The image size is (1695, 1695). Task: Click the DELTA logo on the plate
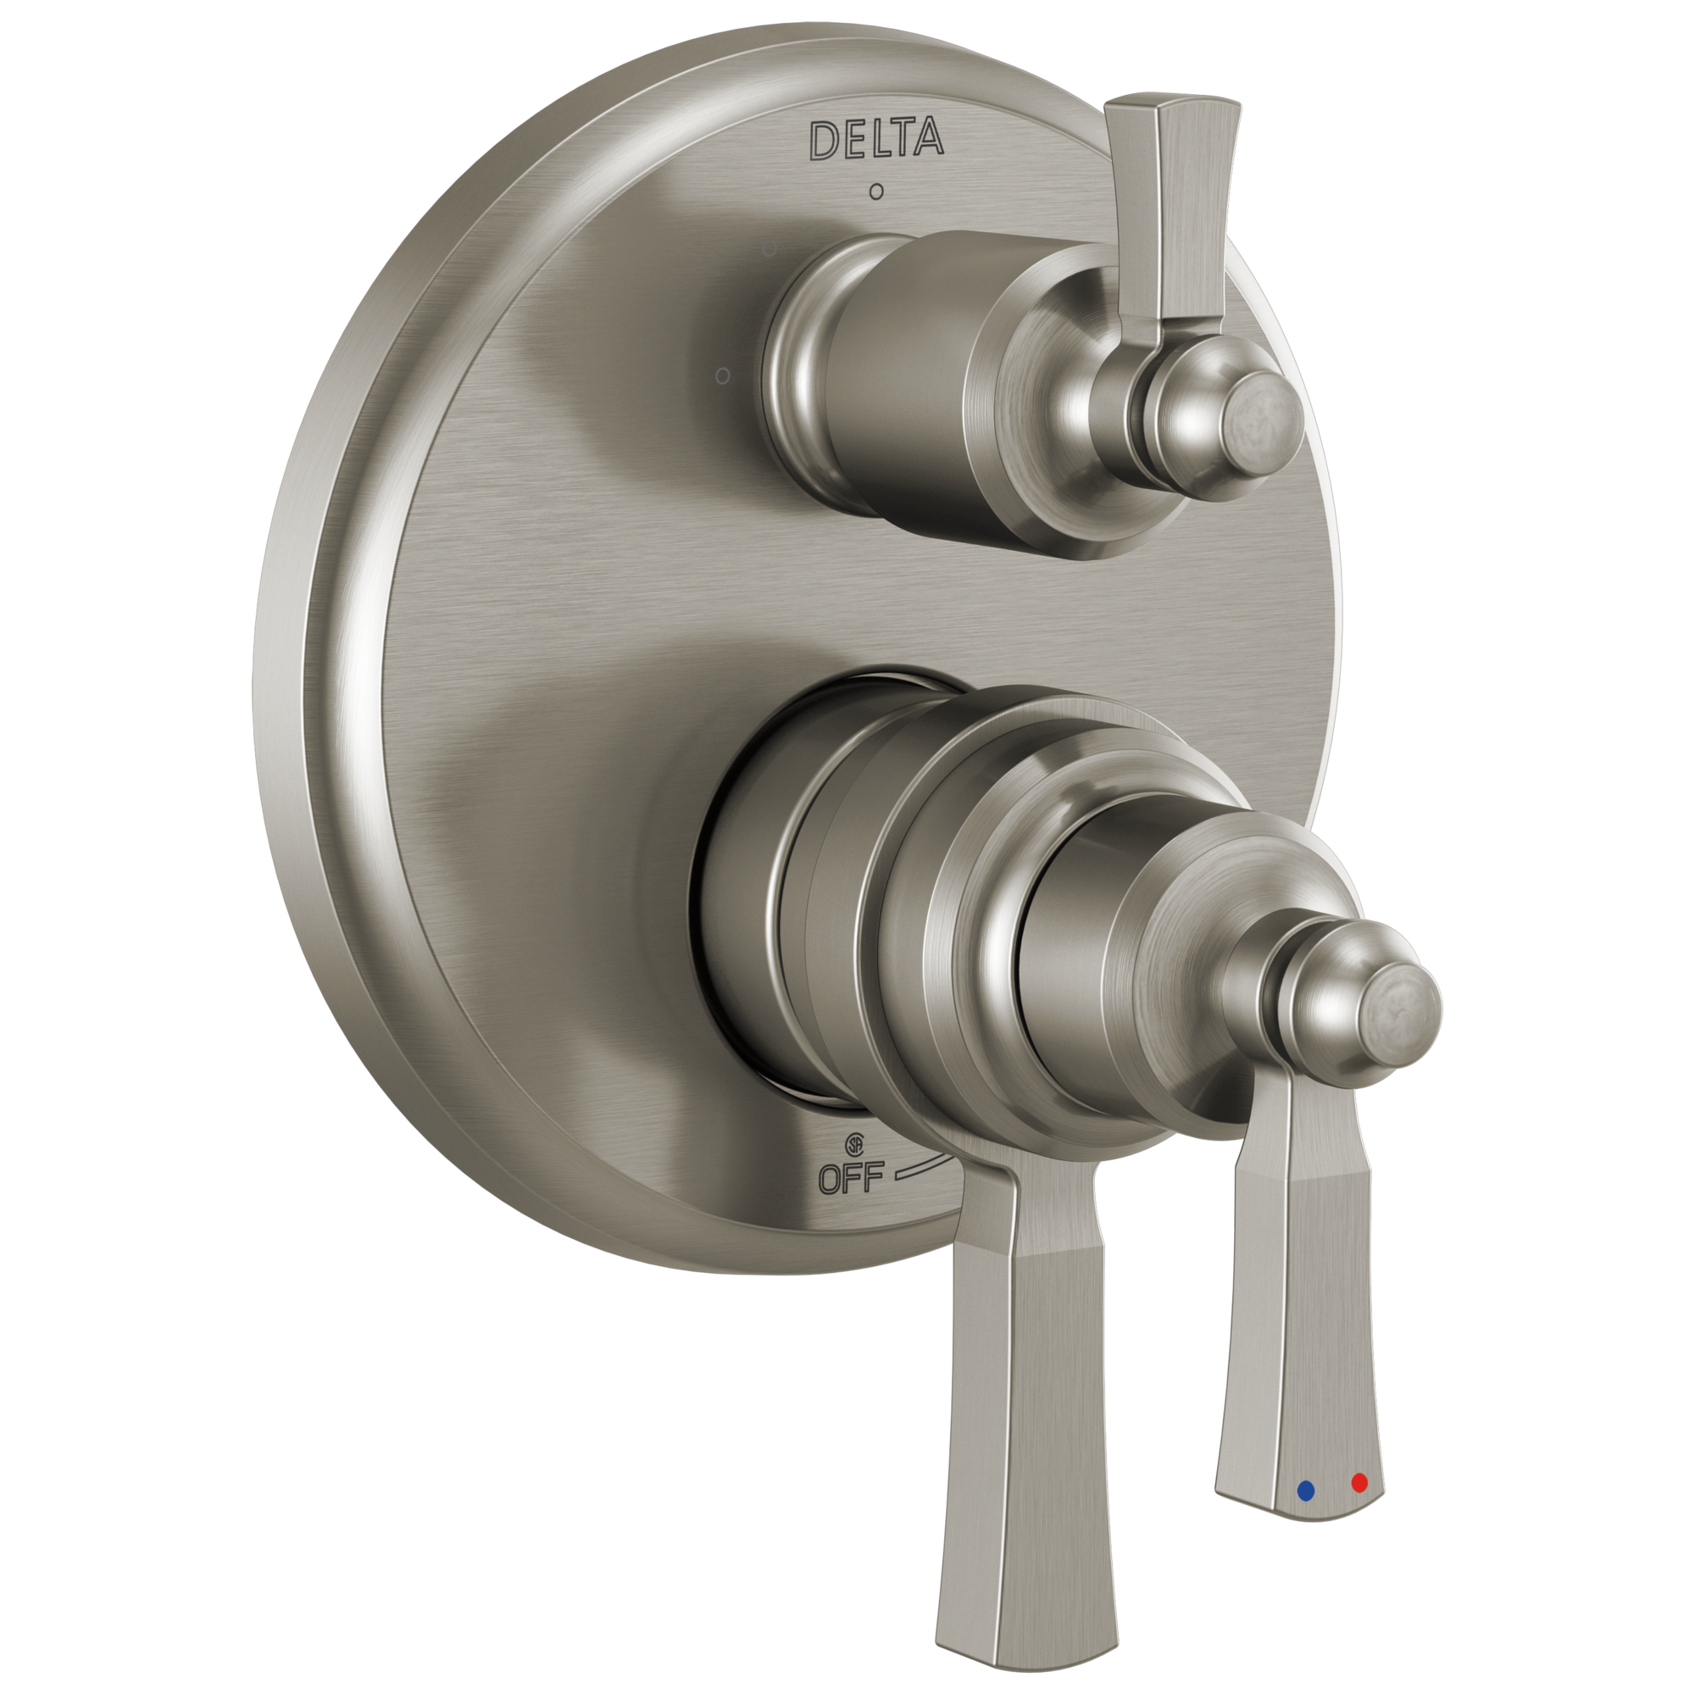pos(875,140)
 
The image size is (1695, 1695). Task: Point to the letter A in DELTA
pos(929,138)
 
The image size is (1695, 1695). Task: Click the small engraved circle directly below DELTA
pos(875,192)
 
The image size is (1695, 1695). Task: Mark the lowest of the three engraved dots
pos(722,376)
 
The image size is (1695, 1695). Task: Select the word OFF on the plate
pos(850,1177)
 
